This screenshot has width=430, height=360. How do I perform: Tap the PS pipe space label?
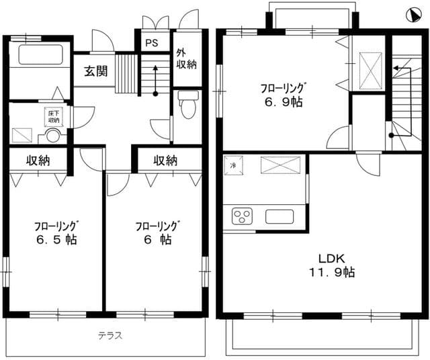(152, 42)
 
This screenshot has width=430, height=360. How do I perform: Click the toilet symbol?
(187, 103)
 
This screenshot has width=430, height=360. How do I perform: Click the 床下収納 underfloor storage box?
(53, 116)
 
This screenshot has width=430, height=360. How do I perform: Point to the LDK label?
(329, 259)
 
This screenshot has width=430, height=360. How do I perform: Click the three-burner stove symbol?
(241, 216)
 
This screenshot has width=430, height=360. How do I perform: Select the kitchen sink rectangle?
(279, 216)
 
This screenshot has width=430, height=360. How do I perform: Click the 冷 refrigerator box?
(233, 165)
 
